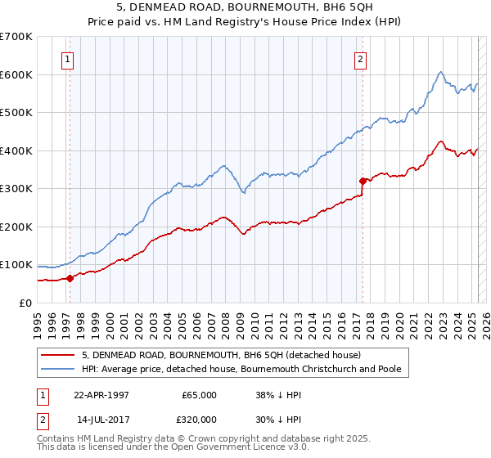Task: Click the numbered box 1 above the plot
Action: coord(67,59)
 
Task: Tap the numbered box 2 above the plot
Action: coord(360,59)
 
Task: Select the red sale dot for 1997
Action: coord(70,278)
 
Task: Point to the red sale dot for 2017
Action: coord(362,181)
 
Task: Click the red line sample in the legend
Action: coord(59,355)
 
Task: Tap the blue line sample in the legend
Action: coord(59,369)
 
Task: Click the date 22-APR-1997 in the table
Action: coord(102,395)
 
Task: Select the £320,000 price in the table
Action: coord(199,418)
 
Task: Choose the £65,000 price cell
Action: coord(199,395)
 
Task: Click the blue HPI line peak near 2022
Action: coord(440,72)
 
